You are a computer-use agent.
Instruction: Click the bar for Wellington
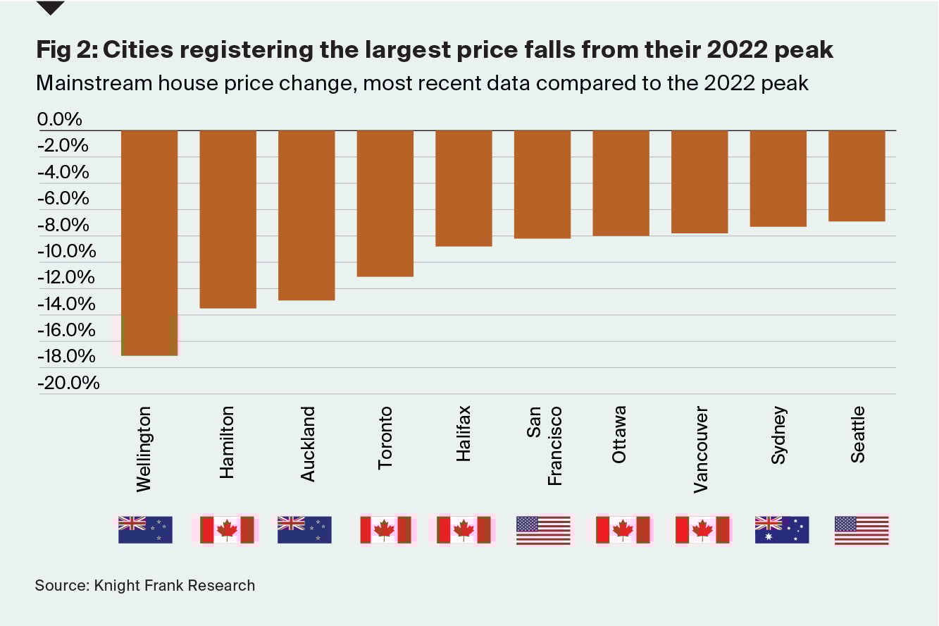[x=149, y=243]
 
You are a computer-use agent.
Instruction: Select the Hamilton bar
[x=228, y=219]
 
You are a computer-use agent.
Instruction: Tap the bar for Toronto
[x=385, y=203]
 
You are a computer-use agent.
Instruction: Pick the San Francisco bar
[x=542, y=185]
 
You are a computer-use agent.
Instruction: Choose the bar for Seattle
[x=857, y=176]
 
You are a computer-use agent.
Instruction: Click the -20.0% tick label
[x=68, y=383]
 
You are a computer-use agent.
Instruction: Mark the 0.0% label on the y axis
[x=60, y=120]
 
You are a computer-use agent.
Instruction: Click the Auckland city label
[x=307, y=444]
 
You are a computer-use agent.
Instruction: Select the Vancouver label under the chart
[x=700, y=449]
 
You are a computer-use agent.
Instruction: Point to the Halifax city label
[x=463, y=434]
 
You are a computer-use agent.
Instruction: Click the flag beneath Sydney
[x=782, y=530]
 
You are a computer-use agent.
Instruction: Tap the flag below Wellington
[x=145, y=530]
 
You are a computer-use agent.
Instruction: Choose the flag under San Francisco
[x=543, y=530]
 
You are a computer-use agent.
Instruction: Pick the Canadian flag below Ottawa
[x=623, y=530]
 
